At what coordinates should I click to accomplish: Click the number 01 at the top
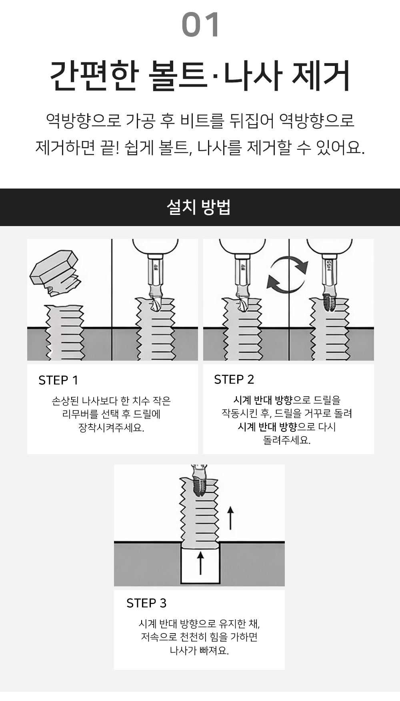click(200, 25)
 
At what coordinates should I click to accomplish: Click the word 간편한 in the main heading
click(94, 75)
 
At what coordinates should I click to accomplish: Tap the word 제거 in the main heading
click(321, 75)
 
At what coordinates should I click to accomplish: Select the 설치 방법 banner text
click(199, 207)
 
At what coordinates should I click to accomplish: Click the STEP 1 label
click(58, 380)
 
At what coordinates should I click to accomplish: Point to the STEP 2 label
click(234, 379)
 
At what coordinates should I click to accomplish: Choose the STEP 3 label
click(146, 603)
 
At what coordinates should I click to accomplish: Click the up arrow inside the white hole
click(200, 563)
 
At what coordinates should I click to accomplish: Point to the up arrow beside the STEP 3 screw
click(230, 518)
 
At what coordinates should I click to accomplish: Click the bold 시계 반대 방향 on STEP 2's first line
click(263, 400)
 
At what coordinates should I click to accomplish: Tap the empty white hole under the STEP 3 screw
click(200, 564)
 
